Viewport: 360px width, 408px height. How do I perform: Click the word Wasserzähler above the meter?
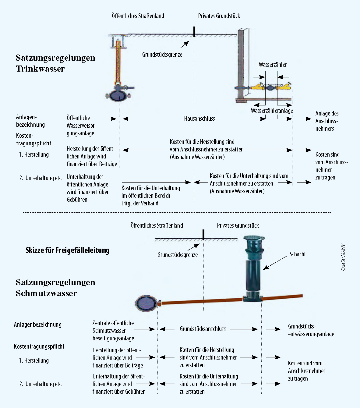tap(273, 65)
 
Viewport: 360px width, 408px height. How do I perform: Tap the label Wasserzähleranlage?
tap(272, 111)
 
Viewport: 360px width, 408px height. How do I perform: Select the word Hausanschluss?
tap(199, 119)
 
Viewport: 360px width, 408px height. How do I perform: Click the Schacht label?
tap(298, 254)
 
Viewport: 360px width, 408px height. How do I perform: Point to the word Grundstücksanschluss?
tap(203, 329)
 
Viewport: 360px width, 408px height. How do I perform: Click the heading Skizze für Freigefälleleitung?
tap(67, 250)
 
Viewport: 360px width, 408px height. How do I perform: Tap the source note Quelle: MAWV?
tap(343, 257)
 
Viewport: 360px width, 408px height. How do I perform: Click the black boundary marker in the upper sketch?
tap(194, 32)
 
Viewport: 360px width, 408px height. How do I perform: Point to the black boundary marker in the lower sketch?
tap(203, 235)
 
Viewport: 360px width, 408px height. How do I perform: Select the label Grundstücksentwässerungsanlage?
tap(311, 330)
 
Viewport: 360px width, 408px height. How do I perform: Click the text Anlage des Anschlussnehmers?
tap(327, 121)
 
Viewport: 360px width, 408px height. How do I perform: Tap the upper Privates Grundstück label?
tap(219, 16)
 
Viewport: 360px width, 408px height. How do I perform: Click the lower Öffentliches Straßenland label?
tap(157, 225)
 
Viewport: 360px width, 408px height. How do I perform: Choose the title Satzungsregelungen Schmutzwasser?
tap(55, 288)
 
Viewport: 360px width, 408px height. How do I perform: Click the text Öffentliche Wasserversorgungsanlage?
tap(81, 126)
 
